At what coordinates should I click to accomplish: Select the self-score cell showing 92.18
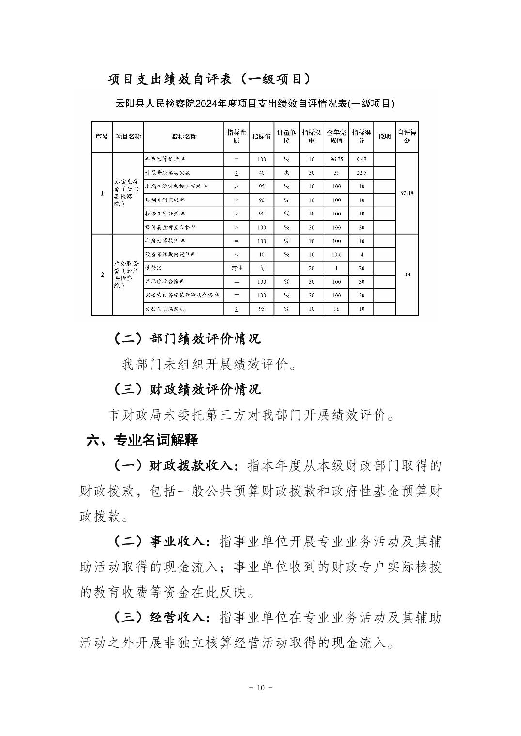pyautogui.click(x=407, y=194)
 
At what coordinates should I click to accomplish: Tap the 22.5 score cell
pyautogui.click(x=361, y=173)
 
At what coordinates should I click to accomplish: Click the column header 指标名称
pyautogui.click(x=184, y=137)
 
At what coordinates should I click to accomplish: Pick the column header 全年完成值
pyautogui.click(x=336, y=137)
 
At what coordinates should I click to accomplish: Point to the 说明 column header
pyautogui.click(x=384, y=137)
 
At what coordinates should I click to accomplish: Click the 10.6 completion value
pyautogui.click(x=336, y=254)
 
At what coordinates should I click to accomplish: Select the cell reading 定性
pyautogui.click(x=237, y=268)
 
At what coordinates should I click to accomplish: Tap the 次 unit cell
pyautogui.click(x=286, y=173)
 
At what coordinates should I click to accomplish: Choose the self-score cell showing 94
pyautogui.click(x=407, y=275)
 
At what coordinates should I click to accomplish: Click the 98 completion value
pyautogui.click(x=336, y=308)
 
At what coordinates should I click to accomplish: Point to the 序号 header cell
pyautogui.click(x=102, y=137)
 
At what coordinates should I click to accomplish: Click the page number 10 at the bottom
pyautogui.click(x=261, y=688)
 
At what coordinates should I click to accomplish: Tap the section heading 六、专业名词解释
pyautogui.click(x=142, y=440)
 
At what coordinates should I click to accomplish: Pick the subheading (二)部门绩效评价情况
pyautogui.click(x=187, y=338)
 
